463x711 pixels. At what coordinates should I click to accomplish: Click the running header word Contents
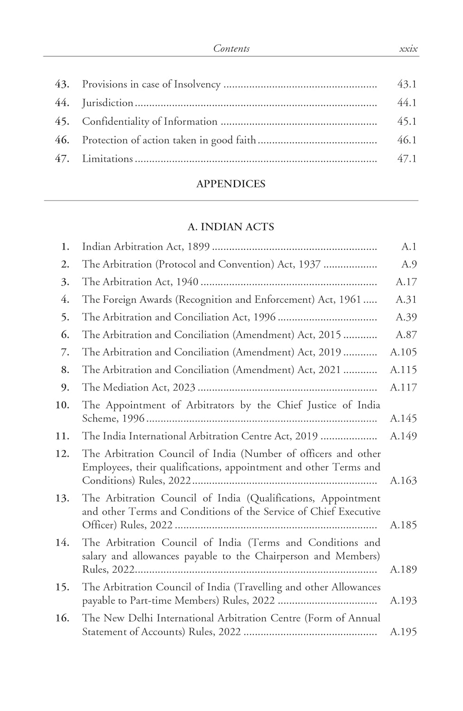point(231,48)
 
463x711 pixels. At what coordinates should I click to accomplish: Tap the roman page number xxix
point(408,48)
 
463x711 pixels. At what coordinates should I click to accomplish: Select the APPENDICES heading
point(231,184)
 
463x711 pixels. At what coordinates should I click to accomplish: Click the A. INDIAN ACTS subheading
point(231,227)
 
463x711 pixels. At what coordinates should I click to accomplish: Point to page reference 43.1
point(407,84)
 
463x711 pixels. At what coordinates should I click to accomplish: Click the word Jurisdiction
point(108,103)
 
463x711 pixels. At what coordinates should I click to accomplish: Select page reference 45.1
point(407,121)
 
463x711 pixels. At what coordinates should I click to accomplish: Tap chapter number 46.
point(62,140)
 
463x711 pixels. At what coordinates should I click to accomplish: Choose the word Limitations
point(108,159)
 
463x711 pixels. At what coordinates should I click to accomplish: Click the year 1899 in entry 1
point(199,246)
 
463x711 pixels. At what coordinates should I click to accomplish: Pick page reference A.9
point(409,264)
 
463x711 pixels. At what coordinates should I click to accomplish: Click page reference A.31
point(406,300)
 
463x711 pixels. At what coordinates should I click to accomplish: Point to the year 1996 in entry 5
point(264,317)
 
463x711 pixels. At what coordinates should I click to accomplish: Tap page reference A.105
point(403,352)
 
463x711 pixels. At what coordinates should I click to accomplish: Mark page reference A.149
point(403,436)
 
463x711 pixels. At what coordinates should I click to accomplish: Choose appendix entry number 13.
point(62,498)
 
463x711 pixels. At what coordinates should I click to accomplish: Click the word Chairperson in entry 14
point(281,556)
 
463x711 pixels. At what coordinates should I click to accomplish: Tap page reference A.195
point(403,632)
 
